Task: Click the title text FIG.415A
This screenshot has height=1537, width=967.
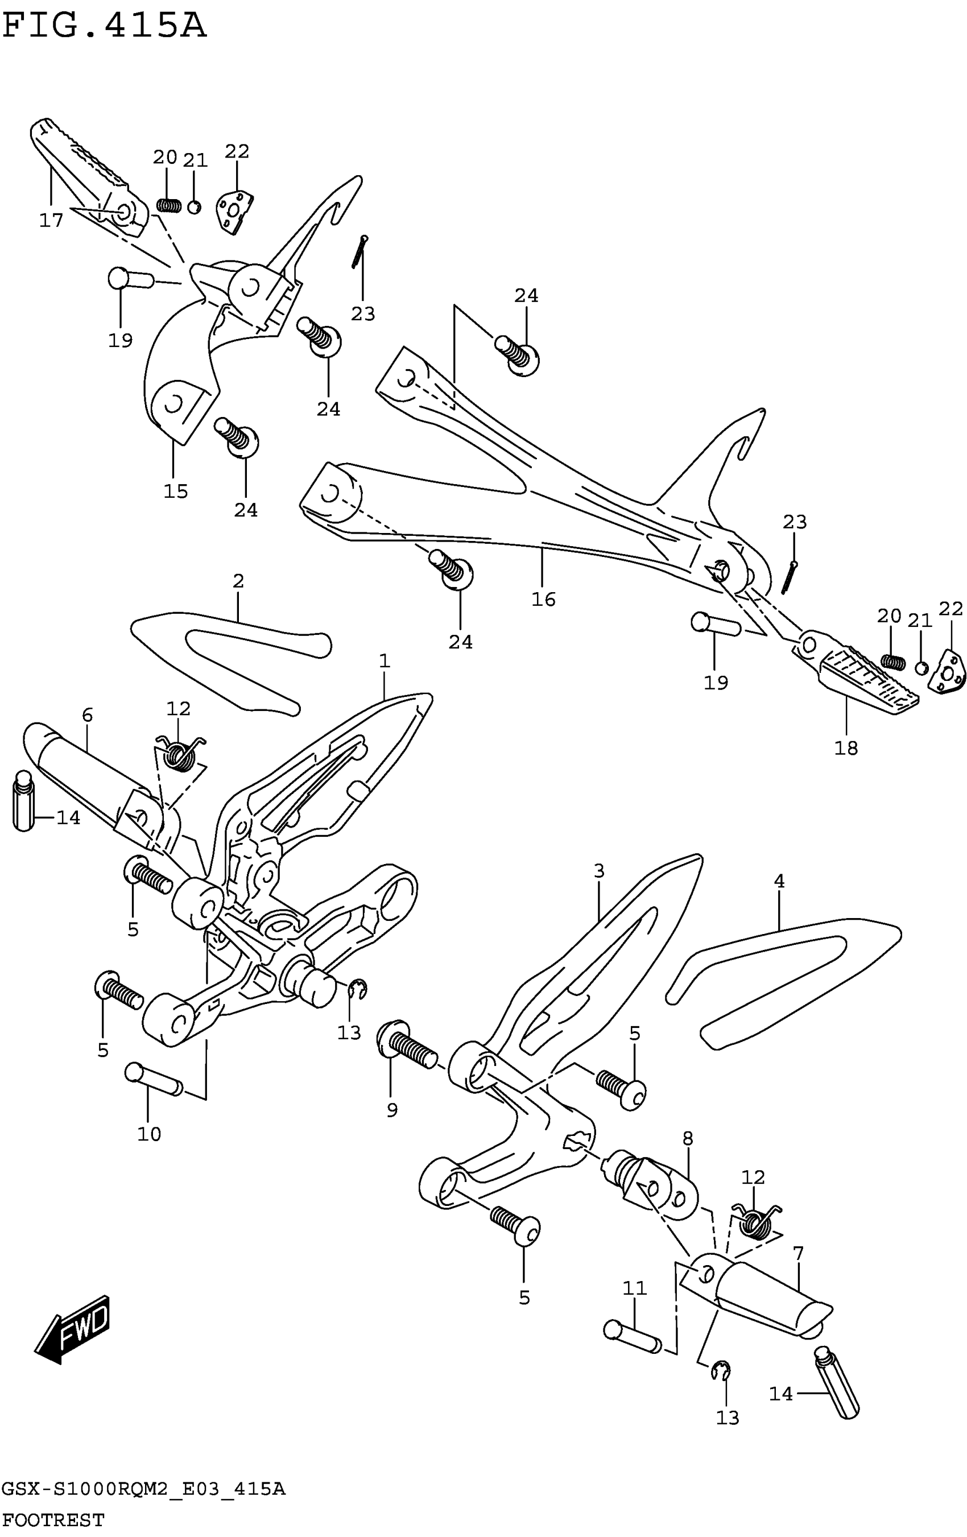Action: (104, 27)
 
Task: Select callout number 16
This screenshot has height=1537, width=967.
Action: (543, 600)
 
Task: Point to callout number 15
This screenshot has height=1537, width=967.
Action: (176, 491)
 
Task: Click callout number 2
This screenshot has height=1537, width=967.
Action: (238, 581)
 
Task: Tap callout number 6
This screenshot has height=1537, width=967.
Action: (88, 715)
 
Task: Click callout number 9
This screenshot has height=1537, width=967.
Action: (392, 1110)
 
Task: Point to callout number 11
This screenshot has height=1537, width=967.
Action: (634, 1287)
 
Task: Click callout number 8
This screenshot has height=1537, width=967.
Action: (688, 1138)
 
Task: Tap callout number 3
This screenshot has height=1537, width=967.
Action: (599, 871)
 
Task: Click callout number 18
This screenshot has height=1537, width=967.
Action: (846, 747)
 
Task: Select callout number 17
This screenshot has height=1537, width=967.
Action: (51, 220)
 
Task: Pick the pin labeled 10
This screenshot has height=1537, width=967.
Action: (154, 1080)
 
